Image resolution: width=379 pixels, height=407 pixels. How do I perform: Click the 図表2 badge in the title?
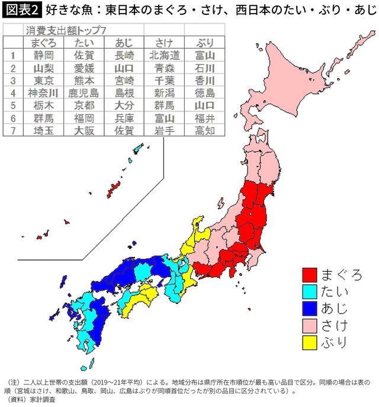21,10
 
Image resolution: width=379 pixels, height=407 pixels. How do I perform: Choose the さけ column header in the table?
163,43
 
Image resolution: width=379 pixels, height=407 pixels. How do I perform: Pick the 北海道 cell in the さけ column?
163,55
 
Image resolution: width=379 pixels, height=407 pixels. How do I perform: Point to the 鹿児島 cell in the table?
83,92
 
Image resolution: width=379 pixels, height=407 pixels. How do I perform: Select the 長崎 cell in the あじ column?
123,55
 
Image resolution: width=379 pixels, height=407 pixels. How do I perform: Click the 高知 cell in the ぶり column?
203,130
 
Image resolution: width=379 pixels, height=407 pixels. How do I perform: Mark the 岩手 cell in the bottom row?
163,130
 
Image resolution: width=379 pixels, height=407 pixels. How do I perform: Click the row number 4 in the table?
11,92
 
